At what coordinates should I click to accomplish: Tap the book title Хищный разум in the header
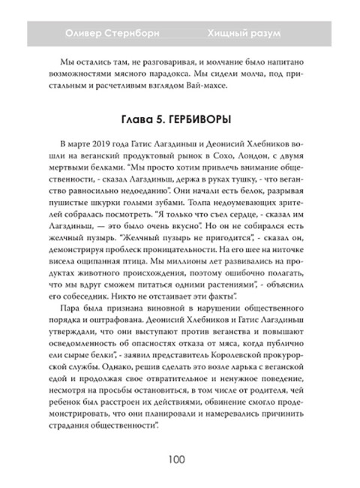(x=244, y=32)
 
